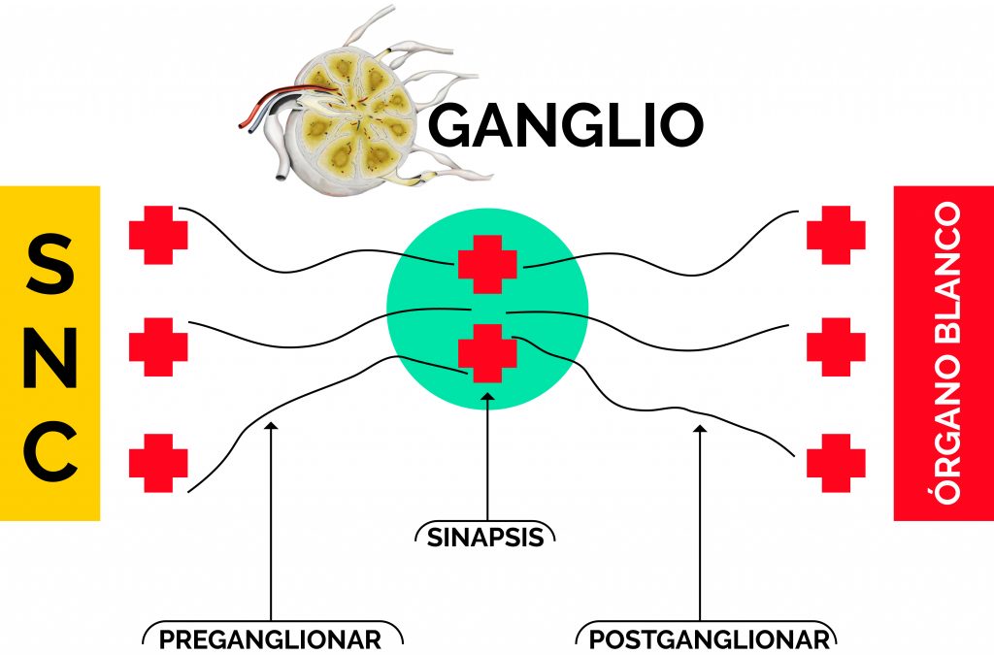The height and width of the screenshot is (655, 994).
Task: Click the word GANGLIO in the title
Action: tap(566, 124)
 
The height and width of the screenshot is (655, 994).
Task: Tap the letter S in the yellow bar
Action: tap(50, 263)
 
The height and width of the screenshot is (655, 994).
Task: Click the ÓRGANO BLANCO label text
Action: tap(947, 353)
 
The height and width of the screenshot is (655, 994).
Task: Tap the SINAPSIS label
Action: tap(485, 538)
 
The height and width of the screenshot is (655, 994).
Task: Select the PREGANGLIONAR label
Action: tap(270, 639)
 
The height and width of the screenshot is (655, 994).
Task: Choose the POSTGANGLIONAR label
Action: tap(709, 639)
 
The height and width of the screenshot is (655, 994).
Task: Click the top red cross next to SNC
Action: tap(158, 235)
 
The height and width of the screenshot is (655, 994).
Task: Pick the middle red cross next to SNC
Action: tap(158, 347)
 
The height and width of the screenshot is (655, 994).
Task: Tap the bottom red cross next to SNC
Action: tap(158, 463)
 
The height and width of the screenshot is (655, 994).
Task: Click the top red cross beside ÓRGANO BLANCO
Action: tap(836, 235)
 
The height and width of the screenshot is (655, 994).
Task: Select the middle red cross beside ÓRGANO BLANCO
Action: tap(836, 347)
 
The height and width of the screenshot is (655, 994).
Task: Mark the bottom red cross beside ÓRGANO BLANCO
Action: tap(836, 463)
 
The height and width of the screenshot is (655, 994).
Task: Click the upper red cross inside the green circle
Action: tap(487, 264)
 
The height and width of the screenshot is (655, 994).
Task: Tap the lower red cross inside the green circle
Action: tap(487, 353)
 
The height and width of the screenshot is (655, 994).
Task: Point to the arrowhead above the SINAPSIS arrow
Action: tap(487, 397)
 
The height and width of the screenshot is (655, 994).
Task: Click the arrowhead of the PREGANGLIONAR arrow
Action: tap(271, 426)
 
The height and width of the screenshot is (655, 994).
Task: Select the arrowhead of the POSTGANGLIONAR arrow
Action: tap(700, 429)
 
